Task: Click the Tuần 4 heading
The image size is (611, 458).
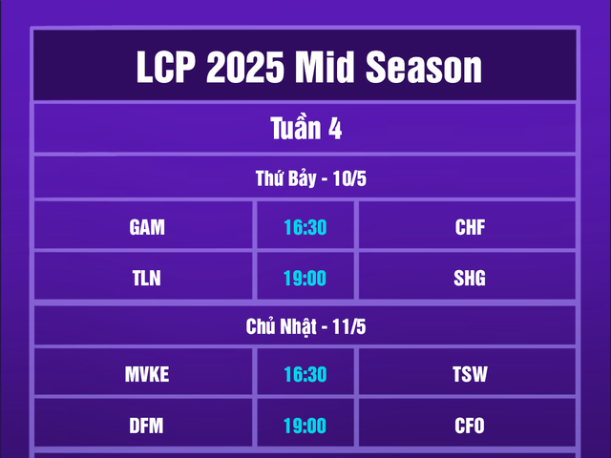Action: [x=305, y=129]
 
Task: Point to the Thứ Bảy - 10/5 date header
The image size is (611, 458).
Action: [x=305, y=178]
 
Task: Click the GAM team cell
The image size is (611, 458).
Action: [x=146, y=228]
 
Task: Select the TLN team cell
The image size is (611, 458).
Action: [x=146, y=279]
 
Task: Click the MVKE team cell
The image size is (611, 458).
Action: [x=146, y=375]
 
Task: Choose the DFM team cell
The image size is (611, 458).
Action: [x=146, y=426]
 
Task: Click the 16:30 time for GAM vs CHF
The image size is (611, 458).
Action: [x=305, y=228]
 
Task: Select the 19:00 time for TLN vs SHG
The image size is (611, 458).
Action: [x=305, y=279]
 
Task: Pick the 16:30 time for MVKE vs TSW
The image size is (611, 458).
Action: [x=305, y=375]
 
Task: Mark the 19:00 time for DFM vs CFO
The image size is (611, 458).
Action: [x=305, y=426]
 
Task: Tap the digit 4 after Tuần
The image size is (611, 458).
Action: [x=335, y=129]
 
